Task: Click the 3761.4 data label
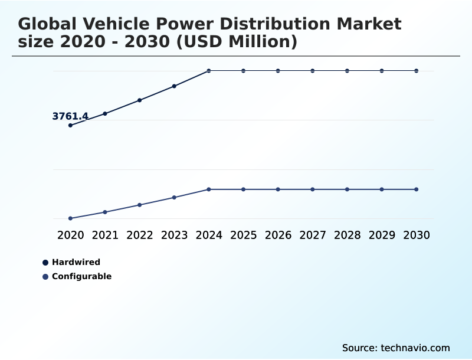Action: [x=70, y=116]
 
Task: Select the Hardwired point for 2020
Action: [x=70, y=125]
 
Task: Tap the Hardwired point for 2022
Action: [x=140, y=100]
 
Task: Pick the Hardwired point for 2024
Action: [x=209, y=71]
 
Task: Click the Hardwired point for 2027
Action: [x=313, y=71]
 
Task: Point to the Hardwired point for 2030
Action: [x=417, y=71]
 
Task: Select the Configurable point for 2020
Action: [x=70, y=218]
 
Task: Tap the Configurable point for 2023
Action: [x=174, y=197]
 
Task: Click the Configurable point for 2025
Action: [x=243, y=189]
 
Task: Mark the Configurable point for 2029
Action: [x=382, y=189]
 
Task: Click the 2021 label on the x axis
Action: [x=105, y=235]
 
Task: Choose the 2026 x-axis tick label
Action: [x=278, y=235]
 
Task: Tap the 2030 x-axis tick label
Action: [x=417, y=235]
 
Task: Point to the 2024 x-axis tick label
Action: [x=209, y=235]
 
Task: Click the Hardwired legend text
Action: [x=76, y=262]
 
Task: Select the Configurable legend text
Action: [x=81, y=276]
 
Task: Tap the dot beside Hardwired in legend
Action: [x=45, y=263]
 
